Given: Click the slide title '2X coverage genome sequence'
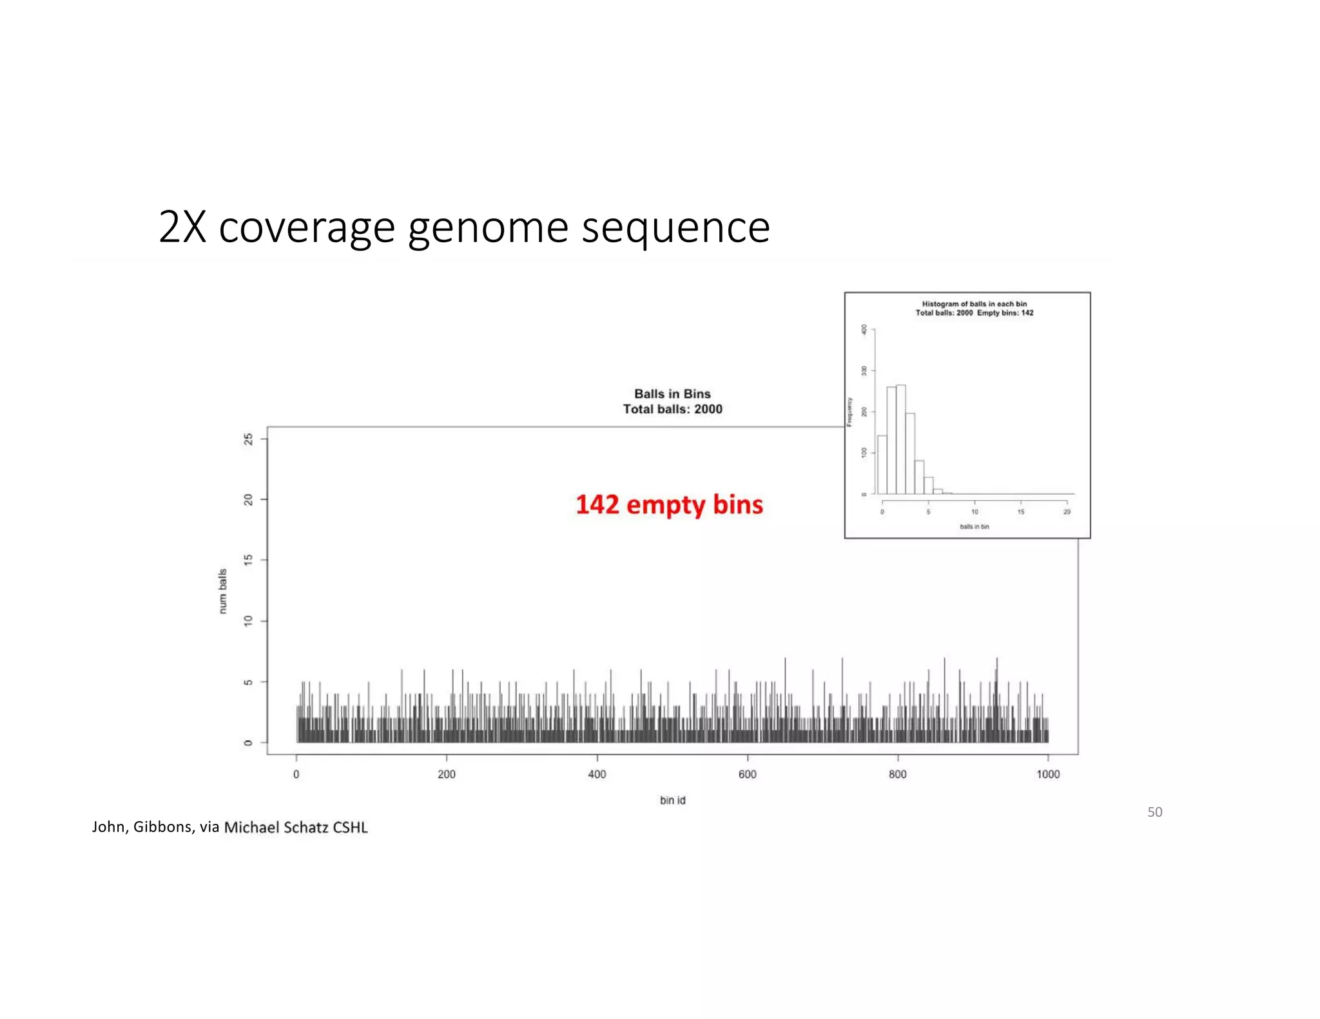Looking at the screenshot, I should coord(464,227).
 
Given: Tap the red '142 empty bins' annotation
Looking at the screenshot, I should coord(669,505).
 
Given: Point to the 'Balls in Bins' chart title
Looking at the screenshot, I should coord(672,394).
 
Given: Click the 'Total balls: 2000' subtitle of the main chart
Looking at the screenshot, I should coord(672,409).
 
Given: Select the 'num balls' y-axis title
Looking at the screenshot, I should coord(223,591).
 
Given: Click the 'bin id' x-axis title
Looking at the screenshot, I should coord(672,800).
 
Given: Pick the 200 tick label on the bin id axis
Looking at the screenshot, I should coord(447,774).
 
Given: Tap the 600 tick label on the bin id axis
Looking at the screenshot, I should coord(748,774).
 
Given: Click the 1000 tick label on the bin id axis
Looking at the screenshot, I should coord(1048,774).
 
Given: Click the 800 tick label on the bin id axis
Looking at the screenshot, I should coord(898,774).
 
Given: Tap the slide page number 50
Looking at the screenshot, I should coord(1154,812).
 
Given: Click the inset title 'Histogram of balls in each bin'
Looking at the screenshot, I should coord(974,304).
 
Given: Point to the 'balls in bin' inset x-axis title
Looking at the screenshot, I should coord(974,527).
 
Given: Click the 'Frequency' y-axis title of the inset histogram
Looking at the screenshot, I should coord(850,412).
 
